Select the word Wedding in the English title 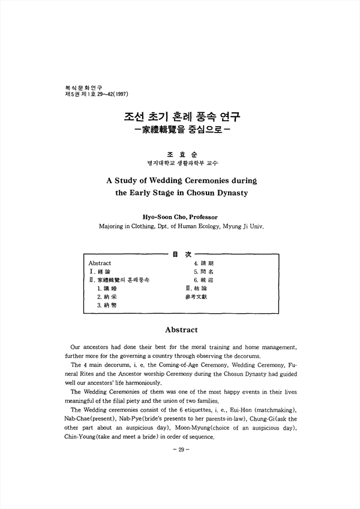168,180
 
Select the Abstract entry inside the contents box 100,264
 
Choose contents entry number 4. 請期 204,264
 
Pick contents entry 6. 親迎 204,280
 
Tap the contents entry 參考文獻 199,297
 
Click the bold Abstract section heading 181,330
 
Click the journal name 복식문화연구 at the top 80,87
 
